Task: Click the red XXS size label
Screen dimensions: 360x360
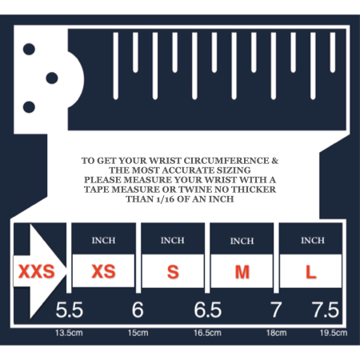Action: [x=37, y=271]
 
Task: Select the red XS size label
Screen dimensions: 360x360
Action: [x=103, y=271]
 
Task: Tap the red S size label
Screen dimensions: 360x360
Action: [x=173, y=272]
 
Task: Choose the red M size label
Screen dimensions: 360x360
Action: [x=242, y=272]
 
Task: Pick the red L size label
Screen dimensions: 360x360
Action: [x=310, y=272]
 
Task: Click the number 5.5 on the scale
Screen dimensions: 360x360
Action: [x=70, y=310]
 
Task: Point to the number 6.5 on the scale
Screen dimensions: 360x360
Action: [x=208, y=310]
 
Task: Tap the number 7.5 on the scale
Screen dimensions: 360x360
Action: [x=326, y=310]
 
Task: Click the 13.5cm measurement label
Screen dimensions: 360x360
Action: [x=69, y=333]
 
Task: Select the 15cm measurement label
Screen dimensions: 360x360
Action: [x=138, y=333]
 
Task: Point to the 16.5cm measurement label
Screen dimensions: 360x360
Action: [x=207, y=333]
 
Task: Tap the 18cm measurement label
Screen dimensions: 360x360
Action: [x=277, y=333]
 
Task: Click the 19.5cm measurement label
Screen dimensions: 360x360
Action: [x=334, y=333]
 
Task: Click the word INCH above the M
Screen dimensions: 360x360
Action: [x=242, y=241]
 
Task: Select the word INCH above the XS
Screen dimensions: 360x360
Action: [x=103, y=241]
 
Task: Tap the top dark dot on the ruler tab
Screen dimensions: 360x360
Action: [x=29, y=49]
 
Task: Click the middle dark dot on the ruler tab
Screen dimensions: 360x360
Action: [x=52, y=78]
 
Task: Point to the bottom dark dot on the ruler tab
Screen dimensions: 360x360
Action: [x=29, y=107]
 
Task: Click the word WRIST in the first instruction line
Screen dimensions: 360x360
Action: [x=165, y=161]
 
